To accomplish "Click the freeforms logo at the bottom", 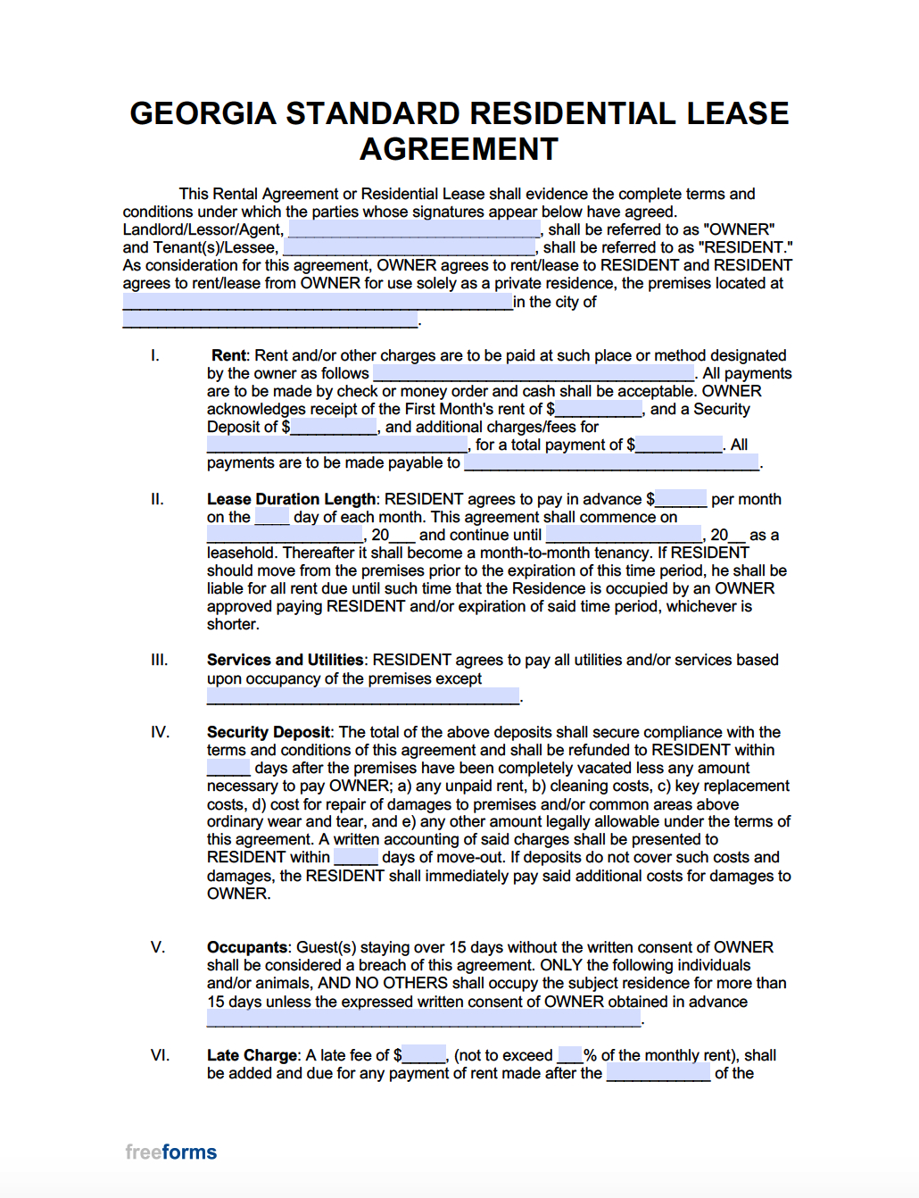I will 171,1152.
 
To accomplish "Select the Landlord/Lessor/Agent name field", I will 414,230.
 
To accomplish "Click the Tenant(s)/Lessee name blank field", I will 410,248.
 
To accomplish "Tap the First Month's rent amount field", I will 599,410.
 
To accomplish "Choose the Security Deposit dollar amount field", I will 334,428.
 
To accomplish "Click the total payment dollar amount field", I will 679,445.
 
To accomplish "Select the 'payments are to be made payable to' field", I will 611,462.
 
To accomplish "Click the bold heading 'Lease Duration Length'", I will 291,499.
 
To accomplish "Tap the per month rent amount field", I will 681,499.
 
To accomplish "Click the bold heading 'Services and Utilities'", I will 285,660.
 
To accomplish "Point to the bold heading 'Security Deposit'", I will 269,732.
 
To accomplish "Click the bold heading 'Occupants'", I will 247,947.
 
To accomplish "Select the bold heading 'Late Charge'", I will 252,1055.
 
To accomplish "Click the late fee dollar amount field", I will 424,1055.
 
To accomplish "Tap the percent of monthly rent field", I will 570,1055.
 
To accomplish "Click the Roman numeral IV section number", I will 160,732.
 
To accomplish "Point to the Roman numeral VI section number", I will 160,1055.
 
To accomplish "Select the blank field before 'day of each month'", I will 272,517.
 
